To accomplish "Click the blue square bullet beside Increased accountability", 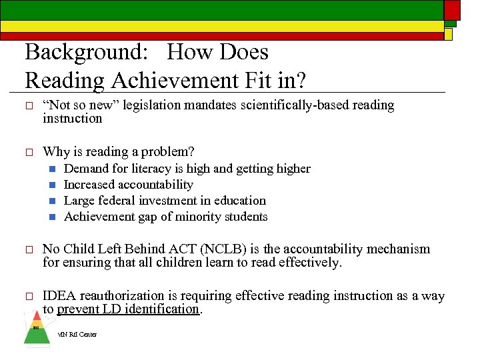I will point(51,185).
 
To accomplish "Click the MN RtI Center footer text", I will point(77,335).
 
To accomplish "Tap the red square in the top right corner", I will point(452,9).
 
